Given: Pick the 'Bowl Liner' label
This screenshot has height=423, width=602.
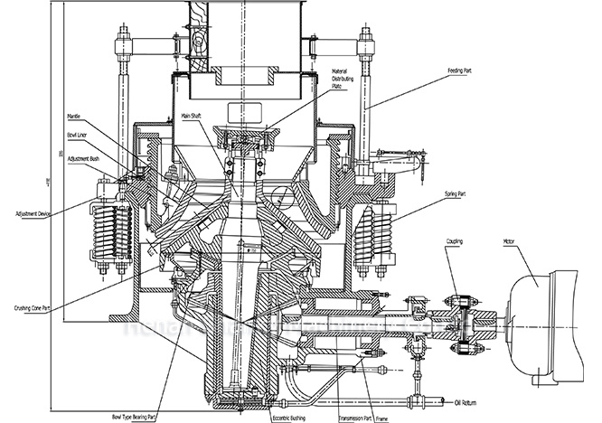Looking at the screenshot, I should click(78, 136).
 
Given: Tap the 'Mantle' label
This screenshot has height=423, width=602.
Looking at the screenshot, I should click(74, 117).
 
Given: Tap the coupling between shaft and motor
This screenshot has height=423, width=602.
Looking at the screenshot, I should click(462, 320).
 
